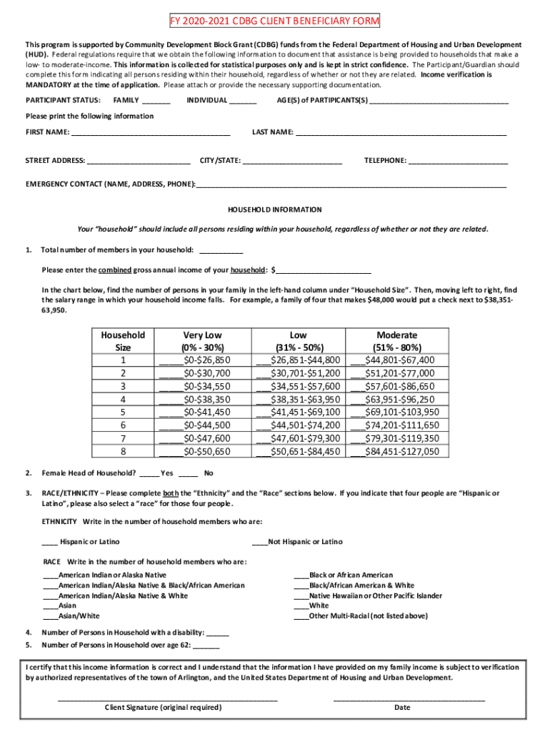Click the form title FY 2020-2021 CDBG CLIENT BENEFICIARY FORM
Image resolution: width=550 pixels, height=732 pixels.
[274, 21]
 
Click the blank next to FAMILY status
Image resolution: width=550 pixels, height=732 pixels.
[156, 102]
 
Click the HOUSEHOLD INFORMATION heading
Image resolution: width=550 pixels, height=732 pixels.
[274, 210]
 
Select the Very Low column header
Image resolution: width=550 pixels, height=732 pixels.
[203, 335]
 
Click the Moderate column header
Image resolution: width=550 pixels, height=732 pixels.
[396, 335]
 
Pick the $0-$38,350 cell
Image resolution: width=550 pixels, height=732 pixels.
[206, 399]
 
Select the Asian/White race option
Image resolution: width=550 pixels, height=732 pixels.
[79, 615]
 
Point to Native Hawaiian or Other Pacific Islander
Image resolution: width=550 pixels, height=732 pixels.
[375, 595]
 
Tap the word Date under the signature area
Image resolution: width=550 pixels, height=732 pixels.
[402, 708]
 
